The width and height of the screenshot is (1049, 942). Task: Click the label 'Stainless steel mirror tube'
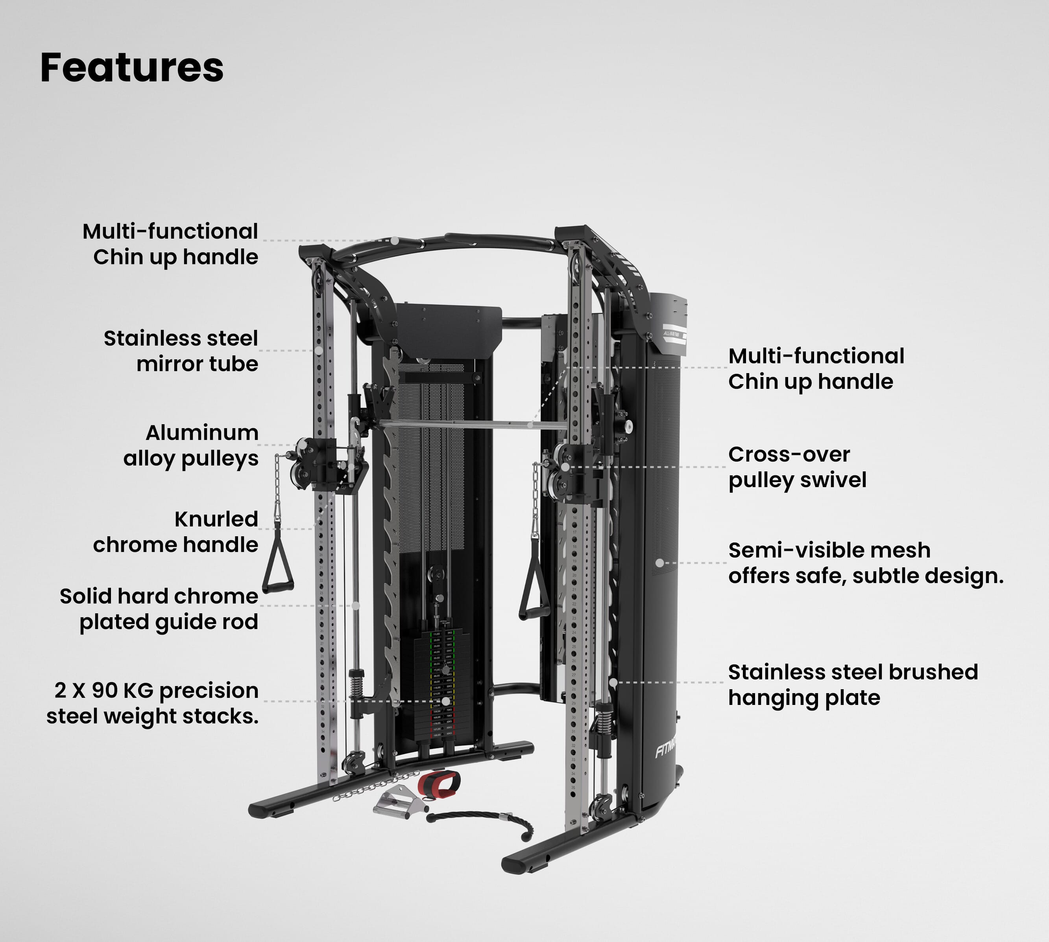(181, 351)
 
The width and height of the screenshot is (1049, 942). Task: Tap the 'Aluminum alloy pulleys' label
(190, 445)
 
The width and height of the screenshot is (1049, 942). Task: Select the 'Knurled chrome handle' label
(175, 532)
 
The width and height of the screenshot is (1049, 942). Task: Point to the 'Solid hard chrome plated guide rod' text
(159, 609)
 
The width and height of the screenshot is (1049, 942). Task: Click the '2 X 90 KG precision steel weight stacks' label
(153, 703)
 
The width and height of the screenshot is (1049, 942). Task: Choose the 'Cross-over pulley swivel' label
(797, 467)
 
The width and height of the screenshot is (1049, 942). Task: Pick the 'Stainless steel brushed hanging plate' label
(853, 684)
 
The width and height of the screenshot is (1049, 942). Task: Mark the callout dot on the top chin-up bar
(395, 241)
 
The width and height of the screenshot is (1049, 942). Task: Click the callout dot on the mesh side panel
(659, 563)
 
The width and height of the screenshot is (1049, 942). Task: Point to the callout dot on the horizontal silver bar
(530, 425)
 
